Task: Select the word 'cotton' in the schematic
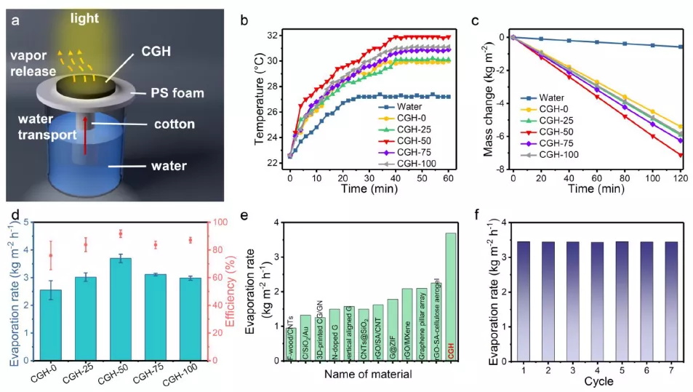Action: pos(175,124)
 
